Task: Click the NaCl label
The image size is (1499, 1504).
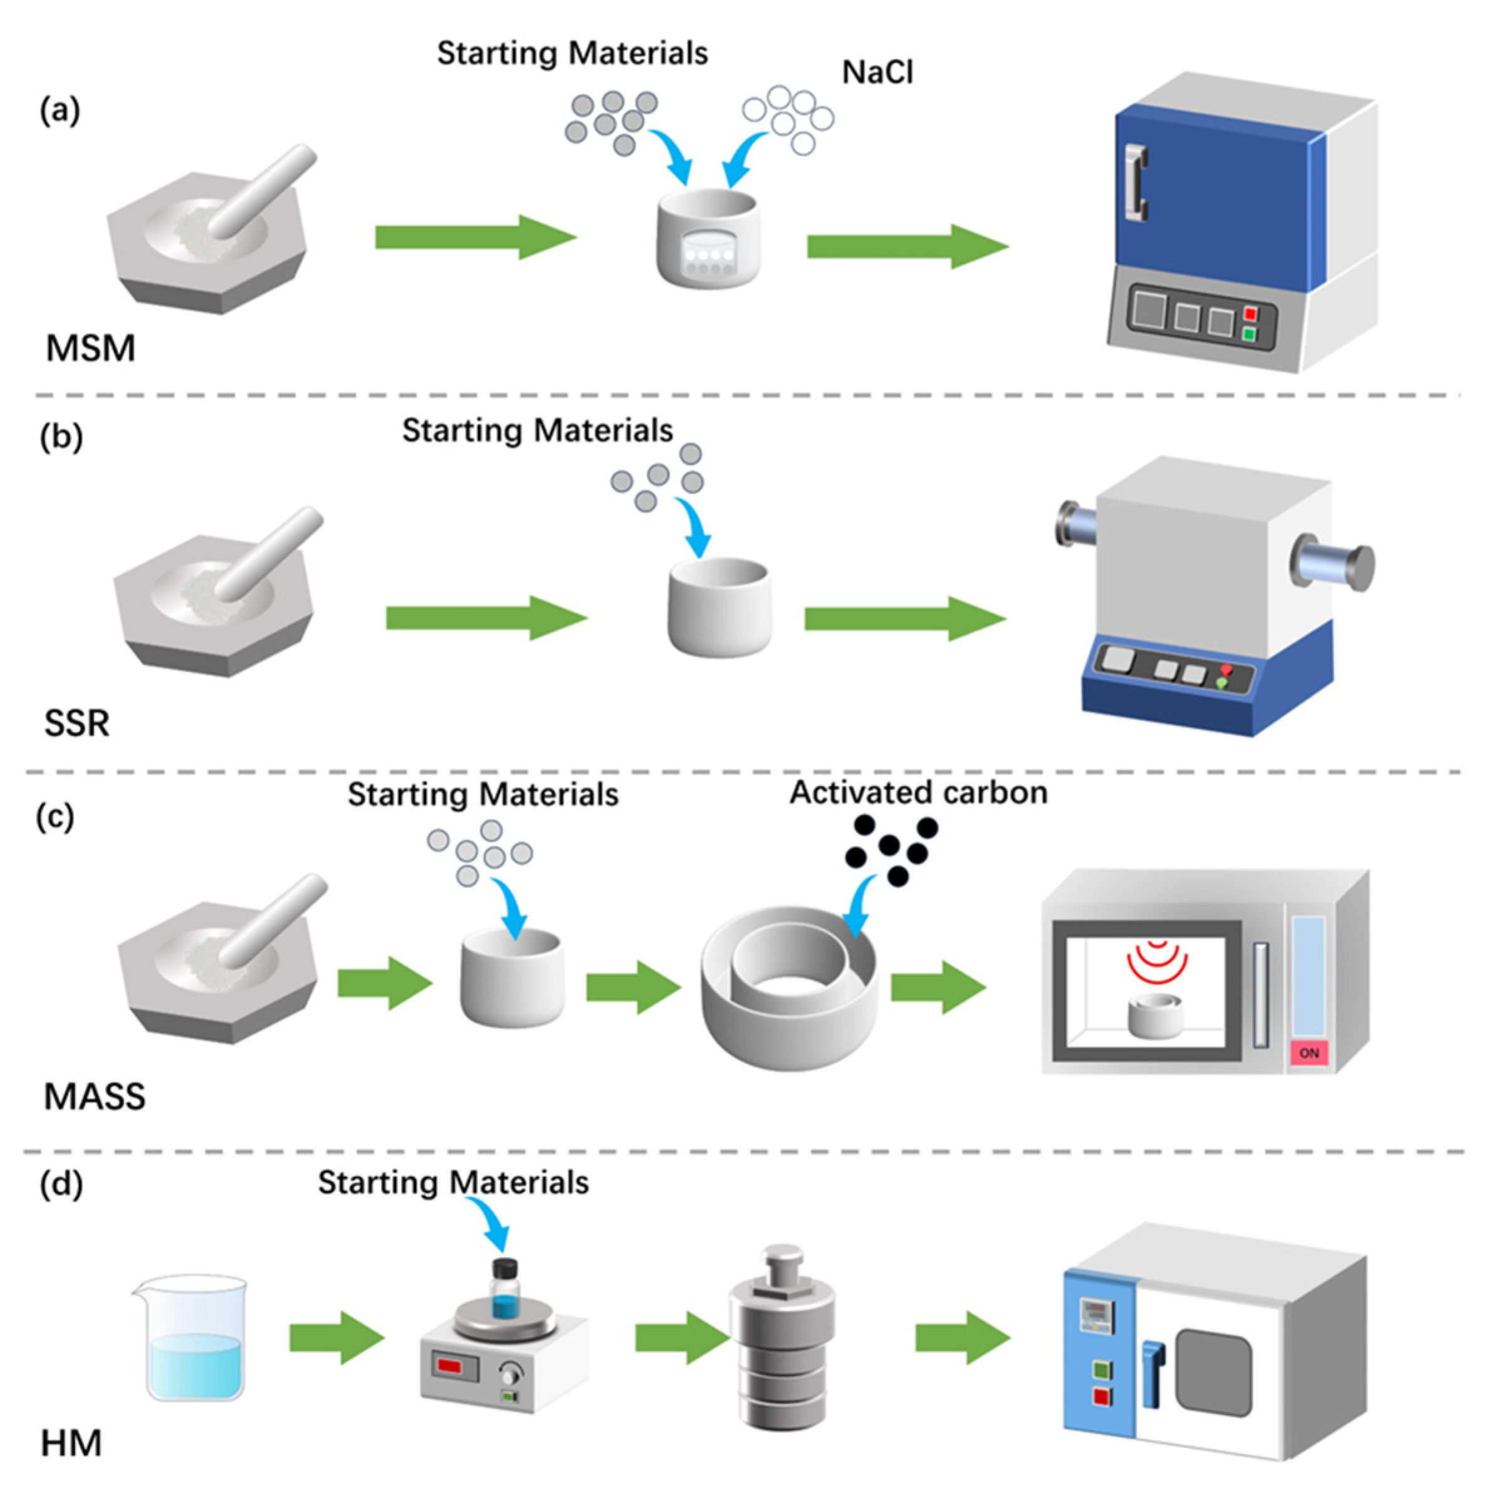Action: [x=877, y=73]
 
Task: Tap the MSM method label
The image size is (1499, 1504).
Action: [x=90, y=348]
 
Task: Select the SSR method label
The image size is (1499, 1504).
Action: [x=76, y=723]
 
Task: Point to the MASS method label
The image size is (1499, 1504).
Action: [x=94, y=1097]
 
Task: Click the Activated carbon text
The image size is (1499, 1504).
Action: [x=918, y=792]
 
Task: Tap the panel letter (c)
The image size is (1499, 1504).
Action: [x=55, y=817]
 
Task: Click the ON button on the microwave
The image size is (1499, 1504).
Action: [x=1309, y=1053]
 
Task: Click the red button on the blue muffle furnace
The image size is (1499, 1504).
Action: [x=1250, y=314]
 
